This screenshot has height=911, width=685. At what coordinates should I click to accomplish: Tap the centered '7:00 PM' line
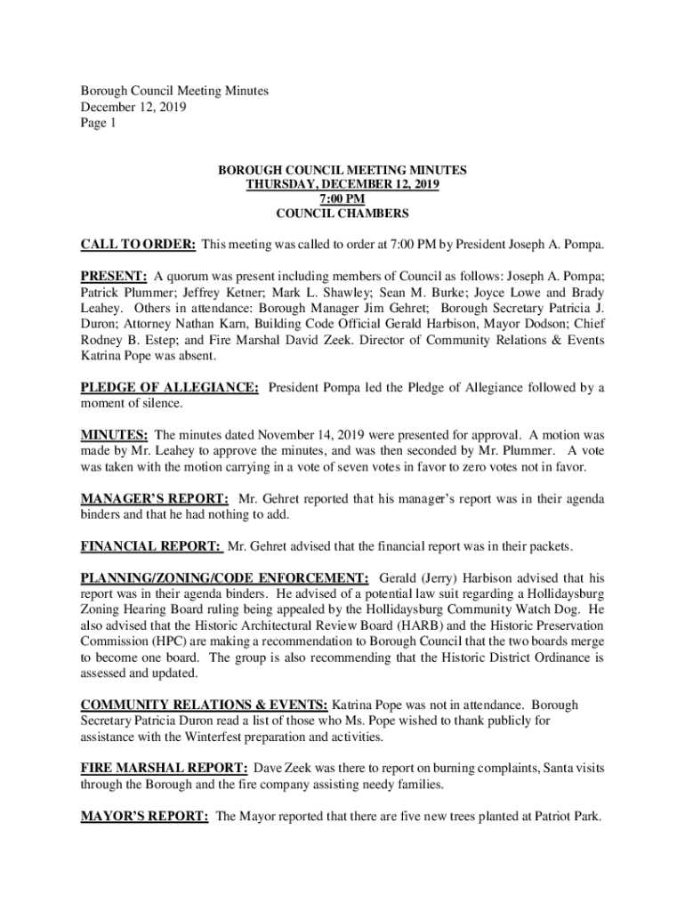(x=342, y=198)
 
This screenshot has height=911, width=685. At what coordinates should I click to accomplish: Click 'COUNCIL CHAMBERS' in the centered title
(x=342, y=214)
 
